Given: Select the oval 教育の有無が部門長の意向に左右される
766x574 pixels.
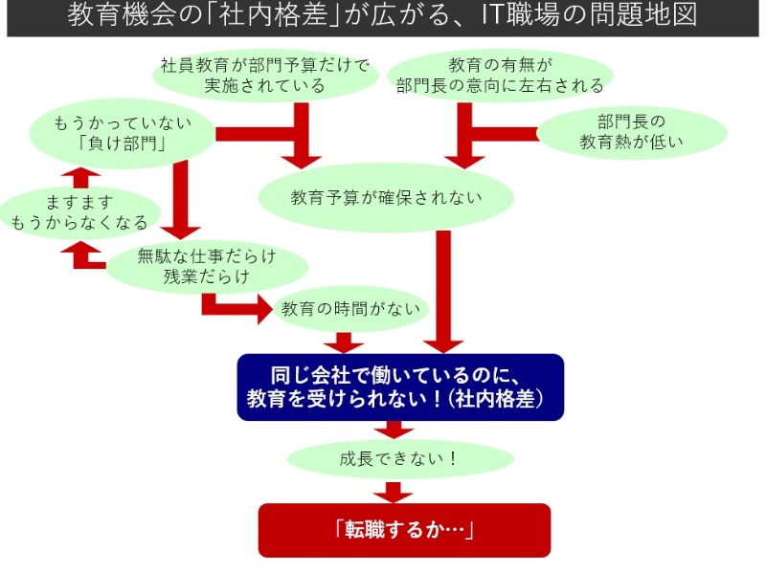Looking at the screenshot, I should pos(500,76).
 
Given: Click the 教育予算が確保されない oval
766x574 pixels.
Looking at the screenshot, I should pos(386,198).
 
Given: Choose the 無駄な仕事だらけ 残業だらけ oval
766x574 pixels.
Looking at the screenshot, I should pos(206,267).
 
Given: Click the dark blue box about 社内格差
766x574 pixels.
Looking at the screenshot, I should pos(400,386).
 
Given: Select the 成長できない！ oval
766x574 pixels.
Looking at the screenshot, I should pos(400,458).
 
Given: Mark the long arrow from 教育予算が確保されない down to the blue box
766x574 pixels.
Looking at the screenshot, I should pos(442,287).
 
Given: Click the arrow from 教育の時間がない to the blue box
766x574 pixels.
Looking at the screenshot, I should pos(344,341).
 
